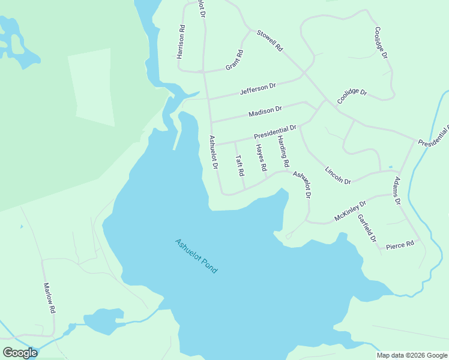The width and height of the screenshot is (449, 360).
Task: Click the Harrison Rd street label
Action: tap(181, 41)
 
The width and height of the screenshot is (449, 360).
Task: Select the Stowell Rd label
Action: tap(270, 40)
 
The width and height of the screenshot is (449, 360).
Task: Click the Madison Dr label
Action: tap(265, 112)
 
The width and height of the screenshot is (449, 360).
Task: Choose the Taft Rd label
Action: tap(240, 166)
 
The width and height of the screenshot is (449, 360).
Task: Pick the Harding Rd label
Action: tap(283, 151)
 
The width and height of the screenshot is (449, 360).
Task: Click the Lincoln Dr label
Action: tap(337, 175)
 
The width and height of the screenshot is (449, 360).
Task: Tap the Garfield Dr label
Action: tap(366, 229)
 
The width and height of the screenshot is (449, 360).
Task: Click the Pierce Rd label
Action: tap(400, 245)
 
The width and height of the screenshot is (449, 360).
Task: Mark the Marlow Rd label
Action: tap(49, 298)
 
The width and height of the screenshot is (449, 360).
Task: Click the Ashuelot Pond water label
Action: tap(196, 256)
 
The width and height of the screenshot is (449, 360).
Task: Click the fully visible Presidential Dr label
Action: tap(275, 132)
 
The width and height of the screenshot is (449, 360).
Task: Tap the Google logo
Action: tap(20, 353)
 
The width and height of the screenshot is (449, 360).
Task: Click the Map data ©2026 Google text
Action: tap(411, 355)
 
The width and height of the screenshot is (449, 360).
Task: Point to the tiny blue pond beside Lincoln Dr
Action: tap(391, 167)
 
